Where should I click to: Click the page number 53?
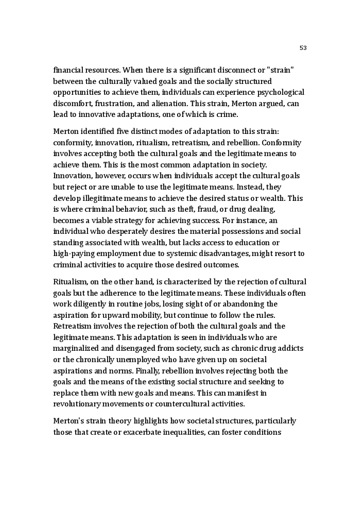303,48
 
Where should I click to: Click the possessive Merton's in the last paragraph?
70,421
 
